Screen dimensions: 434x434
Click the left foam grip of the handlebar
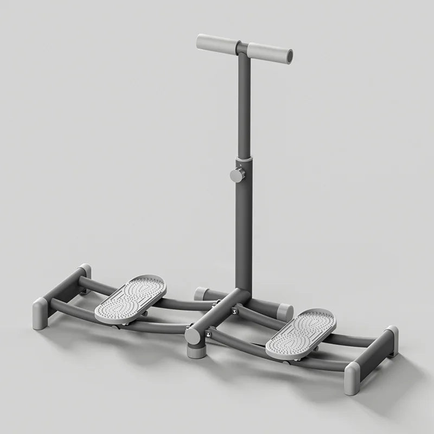click(x=215, y=42)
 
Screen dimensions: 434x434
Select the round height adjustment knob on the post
click(x=237, y=175)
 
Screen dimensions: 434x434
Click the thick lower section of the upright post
click(x=244, y=233)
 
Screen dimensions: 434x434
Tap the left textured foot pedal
click(x=130, y=297)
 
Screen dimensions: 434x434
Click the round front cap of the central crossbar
click(x=193, y=336)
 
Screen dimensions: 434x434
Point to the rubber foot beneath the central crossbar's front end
click(x=195, y=352)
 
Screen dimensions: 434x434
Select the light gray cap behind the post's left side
click(x=202, y=293)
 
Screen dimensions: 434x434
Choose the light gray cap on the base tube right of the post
click(x=284, y=311)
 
